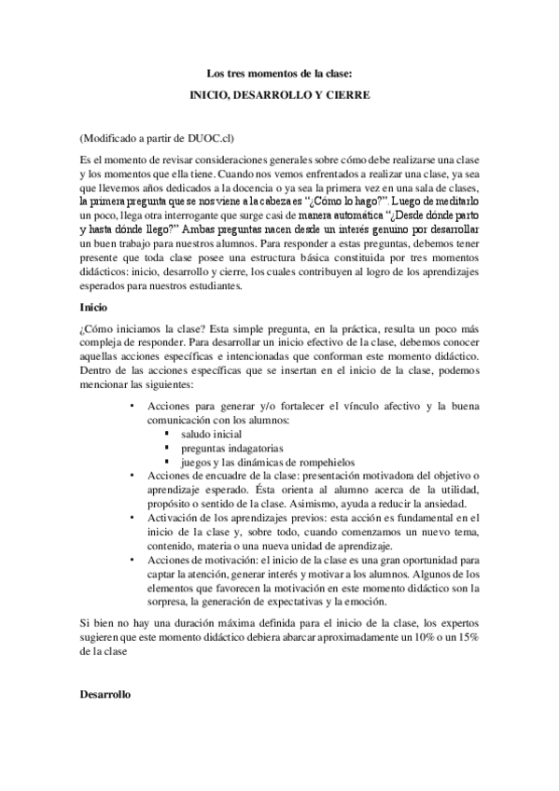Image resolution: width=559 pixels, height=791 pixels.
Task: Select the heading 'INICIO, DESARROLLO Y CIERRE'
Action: [x=279, y=94]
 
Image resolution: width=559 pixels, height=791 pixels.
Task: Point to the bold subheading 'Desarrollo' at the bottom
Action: [x=105, y=696]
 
